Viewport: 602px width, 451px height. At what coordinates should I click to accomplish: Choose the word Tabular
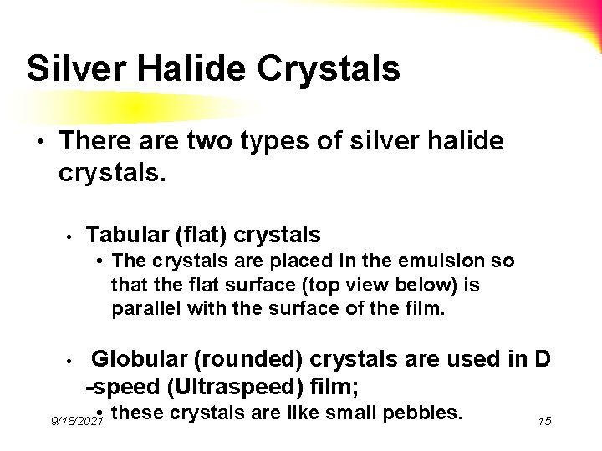point(125,233)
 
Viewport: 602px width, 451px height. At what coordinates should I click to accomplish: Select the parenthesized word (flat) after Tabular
point(195,233)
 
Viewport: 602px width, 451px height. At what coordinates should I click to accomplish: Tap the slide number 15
point(543,422)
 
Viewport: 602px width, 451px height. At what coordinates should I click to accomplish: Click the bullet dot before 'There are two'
point(43,142)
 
